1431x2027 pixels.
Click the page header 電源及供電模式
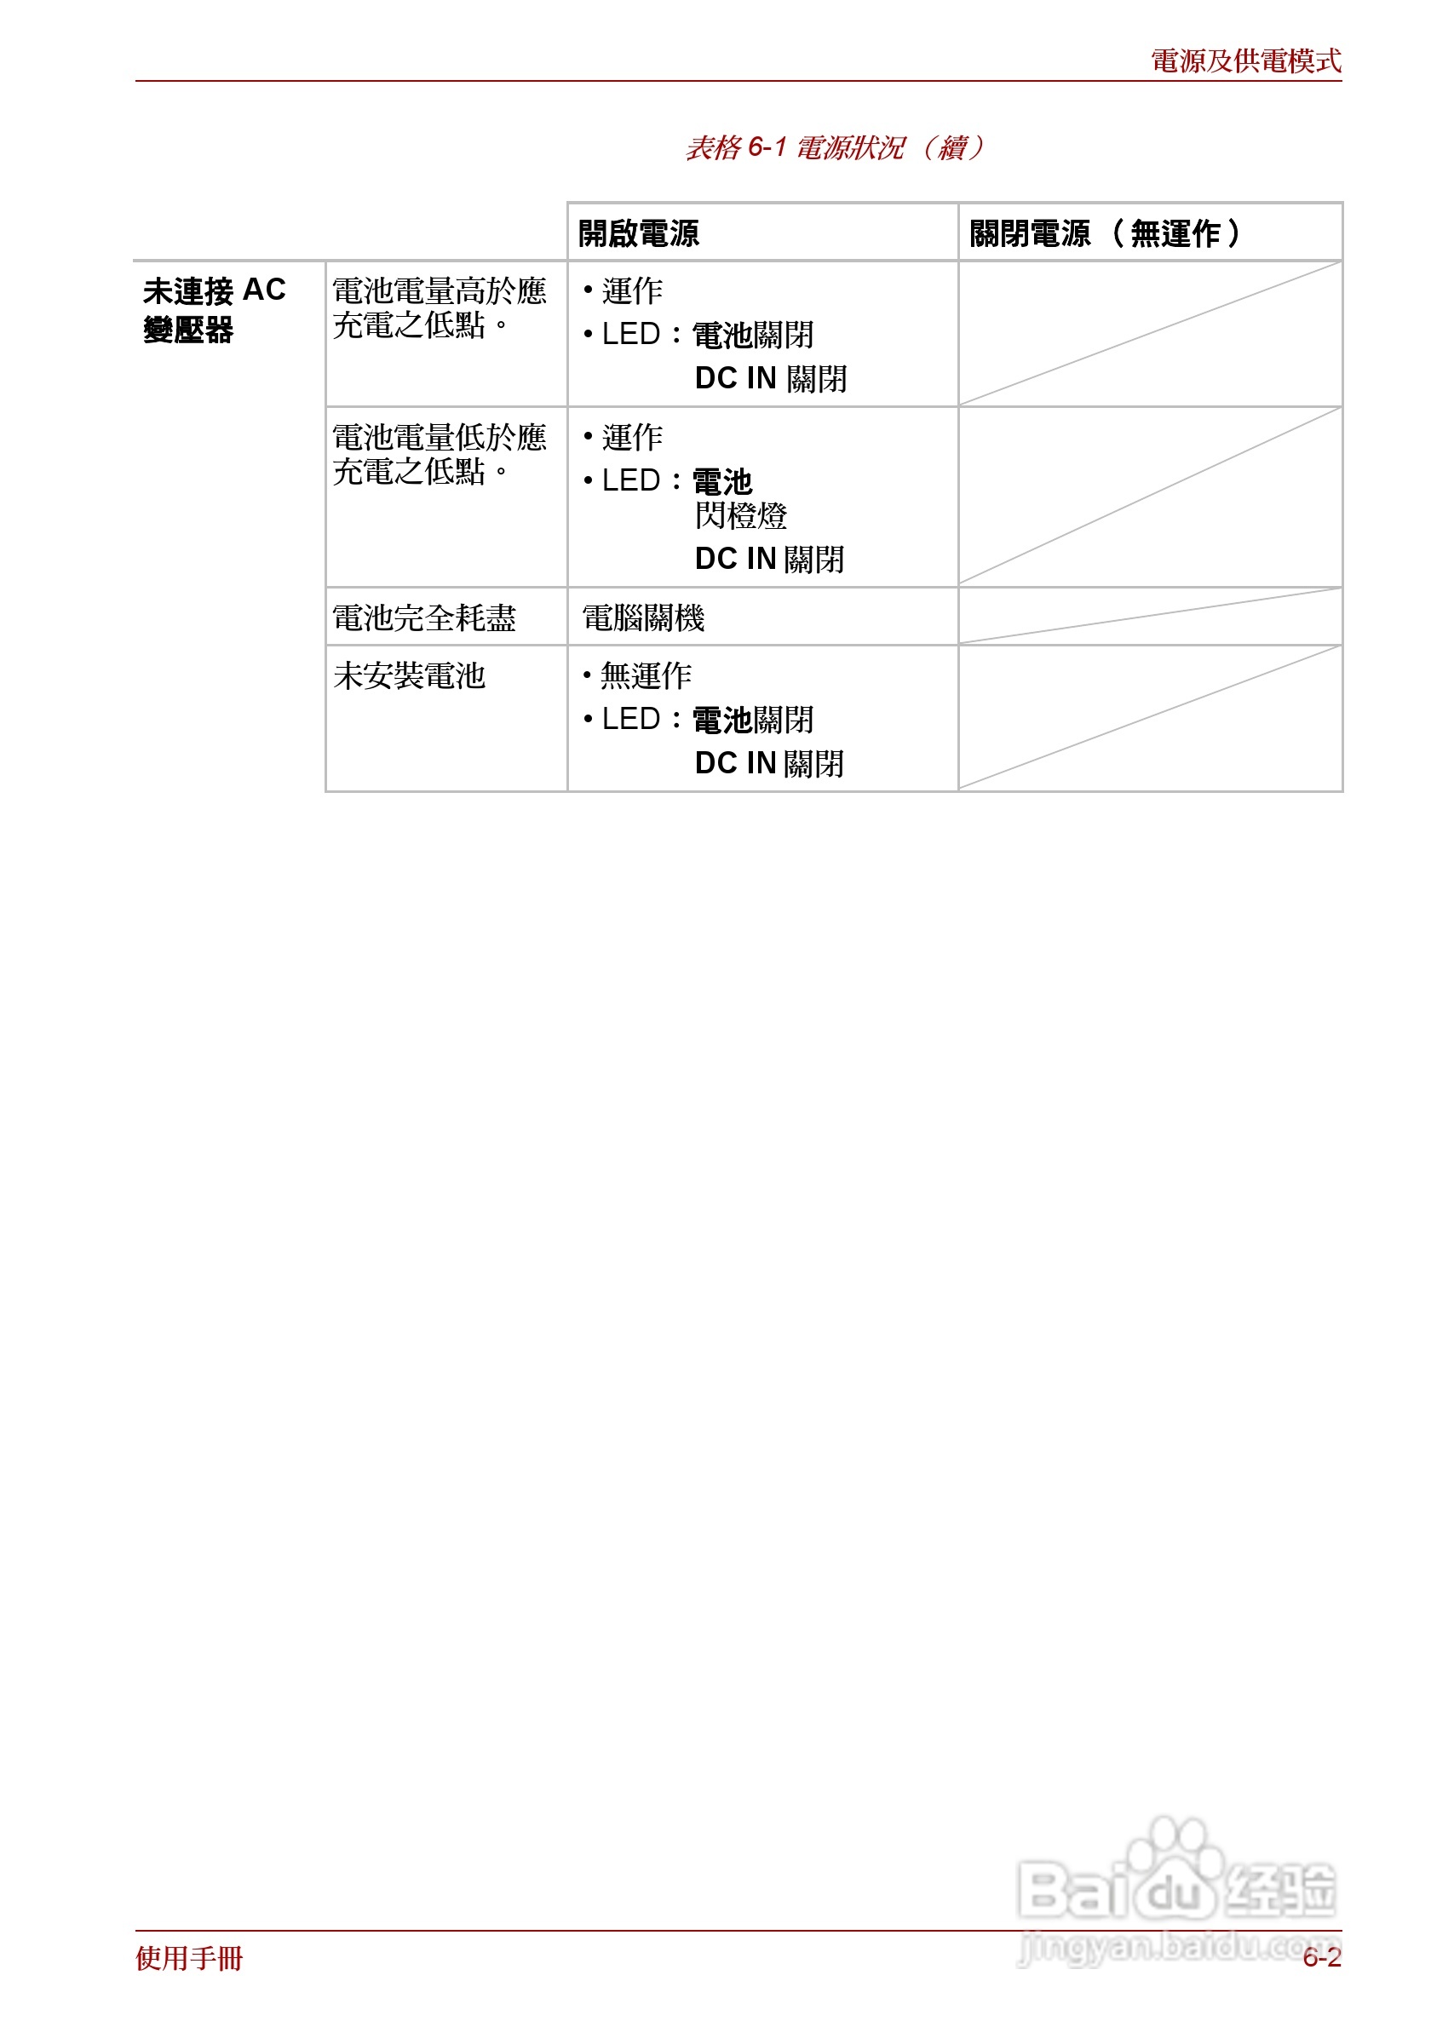tap(1244, 61)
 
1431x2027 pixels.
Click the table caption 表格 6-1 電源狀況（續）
tap(834, 147)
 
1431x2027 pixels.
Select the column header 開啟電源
tap(638, 234)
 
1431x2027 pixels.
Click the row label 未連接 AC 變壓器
tap(214, 309)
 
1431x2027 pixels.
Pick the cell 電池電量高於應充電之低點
tap(439, 308)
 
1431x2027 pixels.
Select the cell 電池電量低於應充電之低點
tap(439, 455)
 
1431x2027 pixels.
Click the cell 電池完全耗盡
tap(423, 618)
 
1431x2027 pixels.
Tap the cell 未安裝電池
tap(409, 676)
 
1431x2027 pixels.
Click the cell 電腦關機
tap(642, 618)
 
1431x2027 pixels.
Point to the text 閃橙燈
tap(740, 515)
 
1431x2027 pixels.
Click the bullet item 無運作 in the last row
tap(645, 676)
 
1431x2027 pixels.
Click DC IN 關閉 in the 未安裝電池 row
tap(769, 764)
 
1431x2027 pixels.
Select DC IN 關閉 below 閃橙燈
tap(769, 559)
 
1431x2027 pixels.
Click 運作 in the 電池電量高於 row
tap(631, 290)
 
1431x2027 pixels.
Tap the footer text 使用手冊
tap(189, 1958)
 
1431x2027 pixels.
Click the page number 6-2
tap(1321, 1958)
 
